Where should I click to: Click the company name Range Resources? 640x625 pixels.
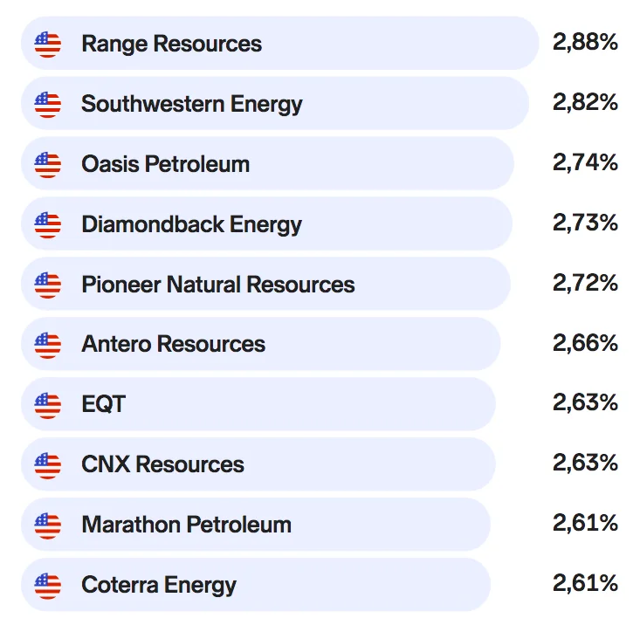[171, 44]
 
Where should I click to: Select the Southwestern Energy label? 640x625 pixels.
[192, 105]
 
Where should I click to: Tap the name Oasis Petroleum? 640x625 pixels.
[165, 164]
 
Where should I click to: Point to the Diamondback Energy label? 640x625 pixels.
[191, 225]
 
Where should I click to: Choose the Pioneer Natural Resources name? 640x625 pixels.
[218, 285]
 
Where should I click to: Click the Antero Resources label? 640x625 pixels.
[174, 344]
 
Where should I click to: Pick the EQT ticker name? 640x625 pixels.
[104, 404]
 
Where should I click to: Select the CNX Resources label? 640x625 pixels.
[163, 464]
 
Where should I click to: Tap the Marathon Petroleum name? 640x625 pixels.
[187, 525]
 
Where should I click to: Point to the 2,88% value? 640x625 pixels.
[585, 42]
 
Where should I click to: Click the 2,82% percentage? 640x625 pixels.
[585, 102]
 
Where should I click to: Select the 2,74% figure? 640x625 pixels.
[585, 162]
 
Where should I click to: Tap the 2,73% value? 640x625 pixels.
[585, 223]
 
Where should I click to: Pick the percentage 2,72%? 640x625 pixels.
[585, 283]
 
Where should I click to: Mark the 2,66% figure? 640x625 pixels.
[585, 343]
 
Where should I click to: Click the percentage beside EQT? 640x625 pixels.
[585, 402]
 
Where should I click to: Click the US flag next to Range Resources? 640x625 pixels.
[48, 44]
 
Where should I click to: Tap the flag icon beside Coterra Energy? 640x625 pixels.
[48, 586]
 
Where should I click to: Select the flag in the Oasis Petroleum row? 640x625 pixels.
[48, 164]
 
